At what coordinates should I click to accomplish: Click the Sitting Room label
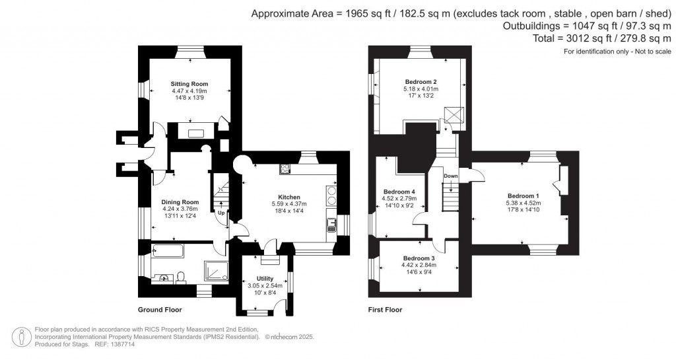click(189, 84)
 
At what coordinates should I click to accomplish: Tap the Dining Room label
click(180, 202)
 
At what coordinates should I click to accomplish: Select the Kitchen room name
click(289, 197)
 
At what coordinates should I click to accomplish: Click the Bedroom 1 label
click(523, 196)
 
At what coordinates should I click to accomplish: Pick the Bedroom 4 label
click(399, 192)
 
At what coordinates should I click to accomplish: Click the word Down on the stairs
click(451, 176)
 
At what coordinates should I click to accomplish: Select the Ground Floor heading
click(159, 309)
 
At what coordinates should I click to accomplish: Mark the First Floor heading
click(385, 309)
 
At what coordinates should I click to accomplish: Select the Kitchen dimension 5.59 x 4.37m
click(289, 204)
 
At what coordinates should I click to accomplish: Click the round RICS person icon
click(23, 336)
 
